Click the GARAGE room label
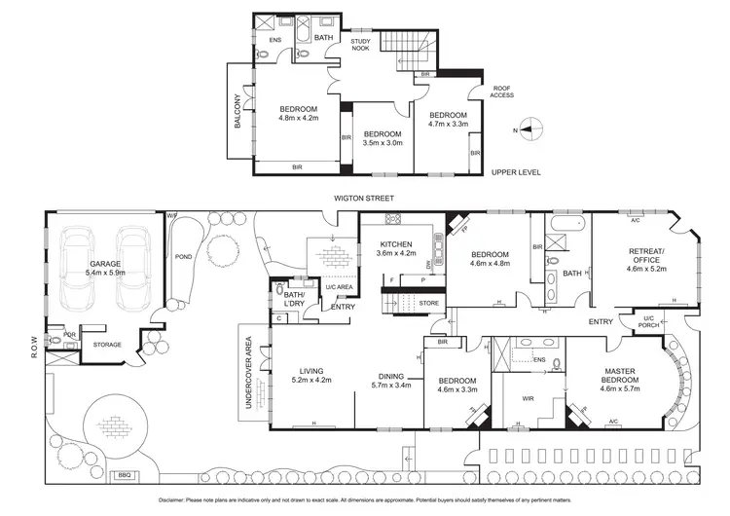pos(105,264)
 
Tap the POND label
pos(181,257)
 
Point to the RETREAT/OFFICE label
pos(645,257)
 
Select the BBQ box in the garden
pos(124,475)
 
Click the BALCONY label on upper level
pos(237,112)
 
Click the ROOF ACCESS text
pos(503,90)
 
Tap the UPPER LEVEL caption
pos(516,172)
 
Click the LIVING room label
pos(311,370)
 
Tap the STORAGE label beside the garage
pos(107,344)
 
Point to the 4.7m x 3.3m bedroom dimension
pos(448,125)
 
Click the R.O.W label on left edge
pos(33,342)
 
